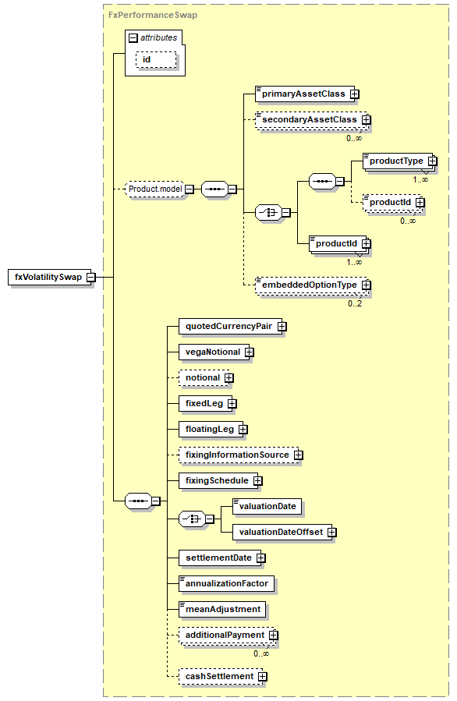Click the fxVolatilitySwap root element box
[49, 277]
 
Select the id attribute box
[156, 60]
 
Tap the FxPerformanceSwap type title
[153, 15]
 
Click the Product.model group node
[155, 189]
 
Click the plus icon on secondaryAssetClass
[367, 120]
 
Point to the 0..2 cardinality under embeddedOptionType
[355, 303]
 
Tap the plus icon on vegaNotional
[249, 352]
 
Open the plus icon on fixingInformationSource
[298, 455]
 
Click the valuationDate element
[267, 507]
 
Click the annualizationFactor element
[226, 583]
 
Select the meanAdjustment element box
[222, 609]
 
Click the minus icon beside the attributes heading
[133, 38]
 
